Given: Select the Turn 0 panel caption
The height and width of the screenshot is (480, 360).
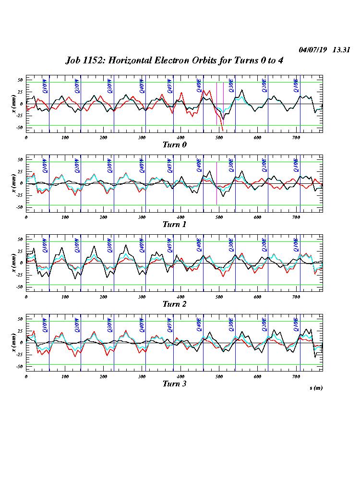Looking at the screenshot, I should [x=174, y=144].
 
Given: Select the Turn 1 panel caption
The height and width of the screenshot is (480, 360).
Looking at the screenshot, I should [x=174, y=224].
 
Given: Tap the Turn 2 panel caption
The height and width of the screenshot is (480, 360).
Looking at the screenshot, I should [x=174, y=304].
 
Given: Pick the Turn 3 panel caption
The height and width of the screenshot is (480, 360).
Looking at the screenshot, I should [x=174, y=384].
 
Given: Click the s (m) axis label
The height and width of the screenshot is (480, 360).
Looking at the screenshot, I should [x=315, y=387].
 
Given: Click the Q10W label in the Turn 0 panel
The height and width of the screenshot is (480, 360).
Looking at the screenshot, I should [x=45, y=85].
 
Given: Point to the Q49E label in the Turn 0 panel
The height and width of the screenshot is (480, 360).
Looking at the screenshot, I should [x=199, y=85].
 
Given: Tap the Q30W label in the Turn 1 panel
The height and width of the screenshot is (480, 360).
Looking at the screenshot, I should [x=109, y=165].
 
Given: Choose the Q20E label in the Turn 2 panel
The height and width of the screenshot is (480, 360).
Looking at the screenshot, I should [x=264, y=245].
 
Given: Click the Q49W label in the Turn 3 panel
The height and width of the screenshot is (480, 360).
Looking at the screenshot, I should [x=169, y=324].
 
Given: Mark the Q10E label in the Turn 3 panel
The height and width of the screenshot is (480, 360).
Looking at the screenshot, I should [x=296, y=324].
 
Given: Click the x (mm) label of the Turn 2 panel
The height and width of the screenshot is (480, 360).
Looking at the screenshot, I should [x=13, y=263].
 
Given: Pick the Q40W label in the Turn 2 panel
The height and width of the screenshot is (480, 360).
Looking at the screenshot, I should [x=141, y=245].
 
